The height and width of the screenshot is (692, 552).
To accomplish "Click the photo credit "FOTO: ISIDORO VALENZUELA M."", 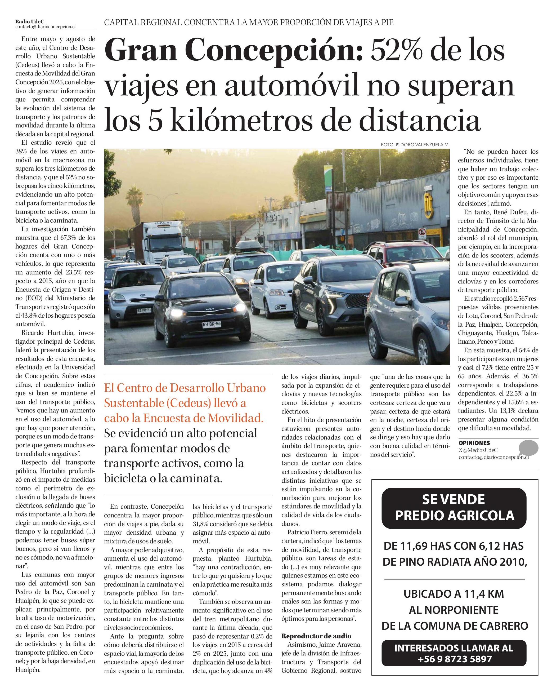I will pos(415,145).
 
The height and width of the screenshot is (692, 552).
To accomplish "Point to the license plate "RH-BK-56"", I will pos(211,325).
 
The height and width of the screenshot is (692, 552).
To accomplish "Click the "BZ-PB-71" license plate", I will pos(144,310).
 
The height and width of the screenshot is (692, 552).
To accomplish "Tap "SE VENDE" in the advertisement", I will pos(454,499).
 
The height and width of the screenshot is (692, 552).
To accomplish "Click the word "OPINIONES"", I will pos(474,443).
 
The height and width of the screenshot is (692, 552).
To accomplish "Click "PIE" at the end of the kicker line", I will pos(387,23).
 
